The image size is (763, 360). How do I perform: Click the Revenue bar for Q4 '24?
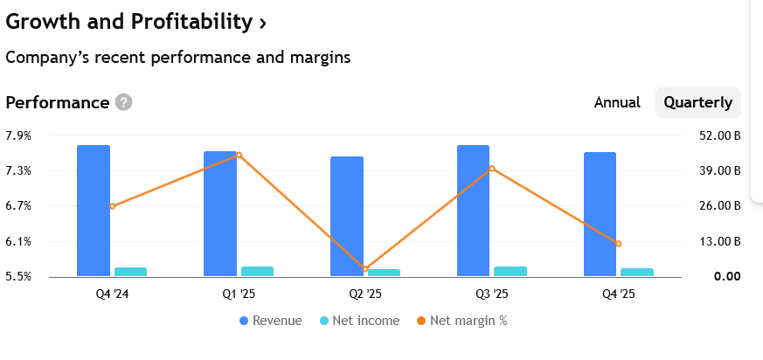click(x=94, y=211)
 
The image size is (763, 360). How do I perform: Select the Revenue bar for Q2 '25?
click(x=347, y=216)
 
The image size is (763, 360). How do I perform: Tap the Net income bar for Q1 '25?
click(x=257, y=272)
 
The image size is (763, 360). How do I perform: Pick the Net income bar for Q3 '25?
click(x=510, y=272)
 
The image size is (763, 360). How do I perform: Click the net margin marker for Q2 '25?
click(x=365, y=269)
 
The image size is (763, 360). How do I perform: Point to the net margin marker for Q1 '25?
click(x=239, y=156)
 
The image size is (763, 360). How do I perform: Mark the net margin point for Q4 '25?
click(x=619, y=244)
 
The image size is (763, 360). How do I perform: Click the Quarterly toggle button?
click(x=697, y=102)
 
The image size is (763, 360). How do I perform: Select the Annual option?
click(x=617, y=102)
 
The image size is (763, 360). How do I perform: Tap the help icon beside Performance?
click(x=123, y=103)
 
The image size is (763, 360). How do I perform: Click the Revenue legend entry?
click(x=270, y=321)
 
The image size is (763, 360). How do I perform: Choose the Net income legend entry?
click(x=359, y=321)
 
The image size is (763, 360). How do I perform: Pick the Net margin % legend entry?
click(x=461, y=321)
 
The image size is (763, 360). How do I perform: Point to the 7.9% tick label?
click(x=18, y=135)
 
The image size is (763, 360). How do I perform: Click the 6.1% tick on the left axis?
click(x=18, y=241)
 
